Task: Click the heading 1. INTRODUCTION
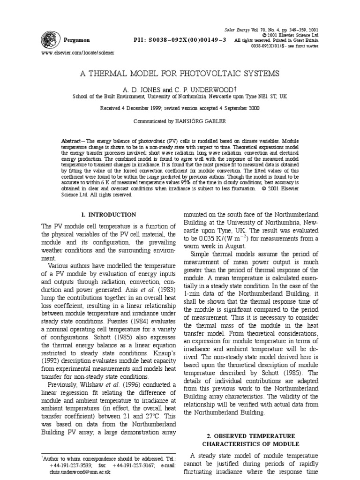[x=109, y=215]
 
